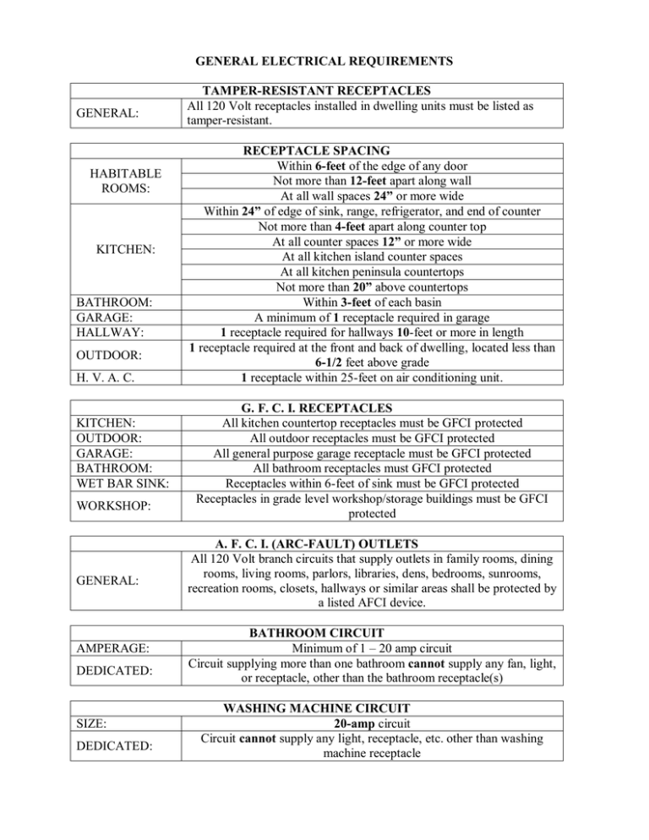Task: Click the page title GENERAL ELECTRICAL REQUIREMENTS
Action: pos(324,61)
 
